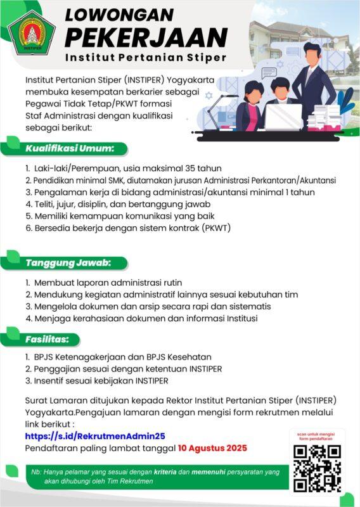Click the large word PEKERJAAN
pyautogui.click(x=146, y=36)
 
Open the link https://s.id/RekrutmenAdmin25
pyautogui.click(x=95, y=436)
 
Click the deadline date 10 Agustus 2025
pyautogui.click(x=212, y=448)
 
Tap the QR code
pyautogui.click(x=317, y=467)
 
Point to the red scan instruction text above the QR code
pyautogui.click(x=317, y=436)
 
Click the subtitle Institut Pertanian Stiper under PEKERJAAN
pyautogui.click(x=145, y=58)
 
